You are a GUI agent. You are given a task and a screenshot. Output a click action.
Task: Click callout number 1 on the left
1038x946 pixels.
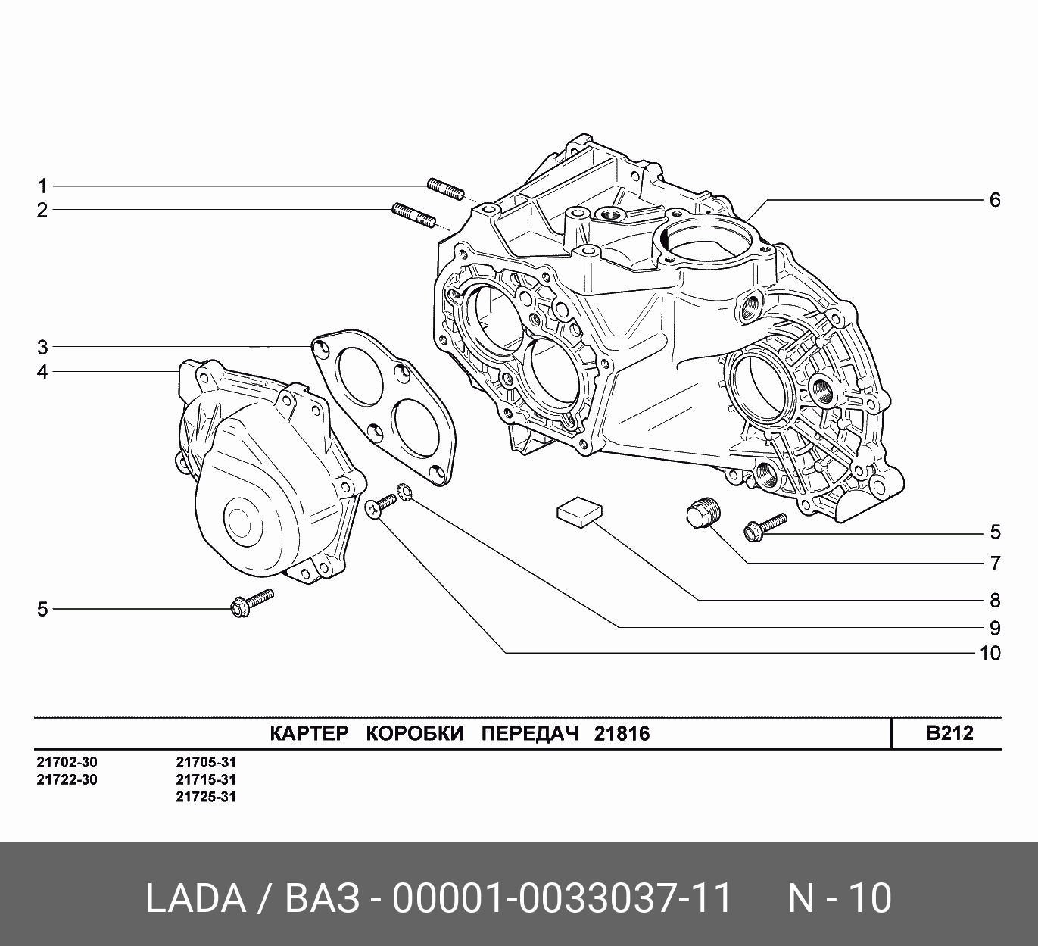42,186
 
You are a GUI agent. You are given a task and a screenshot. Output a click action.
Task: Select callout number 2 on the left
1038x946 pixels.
42,211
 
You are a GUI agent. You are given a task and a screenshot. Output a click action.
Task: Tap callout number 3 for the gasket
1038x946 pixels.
42,348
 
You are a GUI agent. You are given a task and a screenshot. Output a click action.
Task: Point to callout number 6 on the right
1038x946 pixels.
995,200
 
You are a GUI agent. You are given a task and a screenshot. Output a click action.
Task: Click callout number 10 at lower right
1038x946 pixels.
990,653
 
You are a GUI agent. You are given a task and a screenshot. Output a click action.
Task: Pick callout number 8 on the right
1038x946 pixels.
995,601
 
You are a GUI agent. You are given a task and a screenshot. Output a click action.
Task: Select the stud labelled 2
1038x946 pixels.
413,214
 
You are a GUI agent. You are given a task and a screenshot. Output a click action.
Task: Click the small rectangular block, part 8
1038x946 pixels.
578,510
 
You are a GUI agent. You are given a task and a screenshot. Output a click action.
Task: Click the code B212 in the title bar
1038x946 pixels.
949,733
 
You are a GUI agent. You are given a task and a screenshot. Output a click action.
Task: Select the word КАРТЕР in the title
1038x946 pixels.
309,734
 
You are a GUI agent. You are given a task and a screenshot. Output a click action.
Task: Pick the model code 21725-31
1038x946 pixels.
206,797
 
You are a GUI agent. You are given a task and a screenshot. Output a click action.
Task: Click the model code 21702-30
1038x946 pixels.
67,762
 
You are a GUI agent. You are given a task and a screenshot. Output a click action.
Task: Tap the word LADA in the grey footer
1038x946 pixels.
195,899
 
